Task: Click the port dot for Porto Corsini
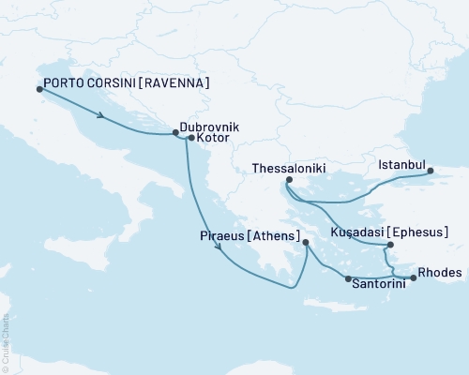[x=38, y=89]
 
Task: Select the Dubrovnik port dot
[x=175, y=132]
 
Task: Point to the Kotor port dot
[x=190, y=139]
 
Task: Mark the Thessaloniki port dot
[x=288, y=180]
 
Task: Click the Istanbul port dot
[x=431, y=171]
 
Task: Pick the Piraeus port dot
[x=306, y=243]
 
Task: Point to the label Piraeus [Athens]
[x=250, y=235]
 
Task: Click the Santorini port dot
[x=348, y=279]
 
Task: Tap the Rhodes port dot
[x=414, y=277]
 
